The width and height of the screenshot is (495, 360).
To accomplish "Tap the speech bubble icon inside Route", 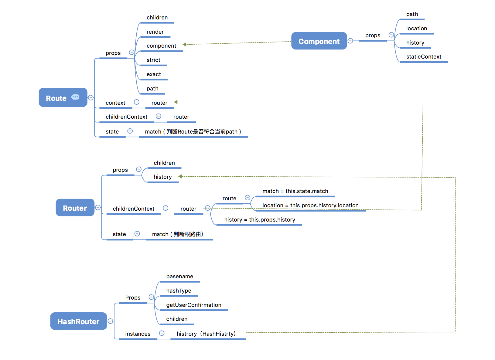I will pyautogui.click(x=75, y=97).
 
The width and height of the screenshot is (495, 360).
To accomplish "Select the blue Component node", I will pyautogui.click(x=319, y=41).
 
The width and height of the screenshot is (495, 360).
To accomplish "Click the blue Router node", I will pyautogui.click(x=75, y=208).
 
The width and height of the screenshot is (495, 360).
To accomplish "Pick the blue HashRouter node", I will pyautogui.click(x=78, y=321).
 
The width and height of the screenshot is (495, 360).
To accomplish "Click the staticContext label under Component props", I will pyautogui.click(x=424, y=57).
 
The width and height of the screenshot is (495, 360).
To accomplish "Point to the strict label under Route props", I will pyautogui.click(x=153, y=60).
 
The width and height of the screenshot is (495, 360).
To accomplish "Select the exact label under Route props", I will pyautogui.click(x=154, y=74).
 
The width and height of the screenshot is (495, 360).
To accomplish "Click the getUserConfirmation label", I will pyautogui.click(x=194, y=305).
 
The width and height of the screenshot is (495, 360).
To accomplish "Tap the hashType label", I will pyautogui.click(x=179, y=291).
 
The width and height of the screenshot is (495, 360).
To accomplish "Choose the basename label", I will pyautogui.click(x=179, y=277).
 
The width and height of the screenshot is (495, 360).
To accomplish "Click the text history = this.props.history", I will pyautogui.click(x=260, y=220).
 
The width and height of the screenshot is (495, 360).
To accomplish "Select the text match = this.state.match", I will pyautogui.click(x=295, y=191).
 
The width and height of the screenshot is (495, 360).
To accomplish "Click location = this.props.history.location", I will pyautogui.click(x=310, y=205).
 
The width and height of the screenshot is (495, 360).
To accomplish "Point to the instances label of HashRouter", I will pyautogui.click(x=138, y=334).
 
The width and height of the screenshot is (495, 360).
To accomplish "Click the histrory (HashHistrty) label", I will pyautogui.click(x=206, y=334).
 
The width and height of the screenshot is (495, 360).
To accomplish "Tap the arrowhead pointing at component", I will pyautogui.click(x=184, y=45).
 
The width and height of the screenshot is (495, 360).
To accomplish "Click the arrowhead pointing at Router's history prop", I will pyautogui.click(x=180, y=176).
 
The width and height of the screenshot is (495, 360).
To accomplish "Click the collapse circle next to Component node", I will pyautogui.click(x=350, y=41).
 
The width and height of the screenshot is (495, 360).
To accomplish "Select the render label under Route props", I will pyautogui.click(x=155, y=32).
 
